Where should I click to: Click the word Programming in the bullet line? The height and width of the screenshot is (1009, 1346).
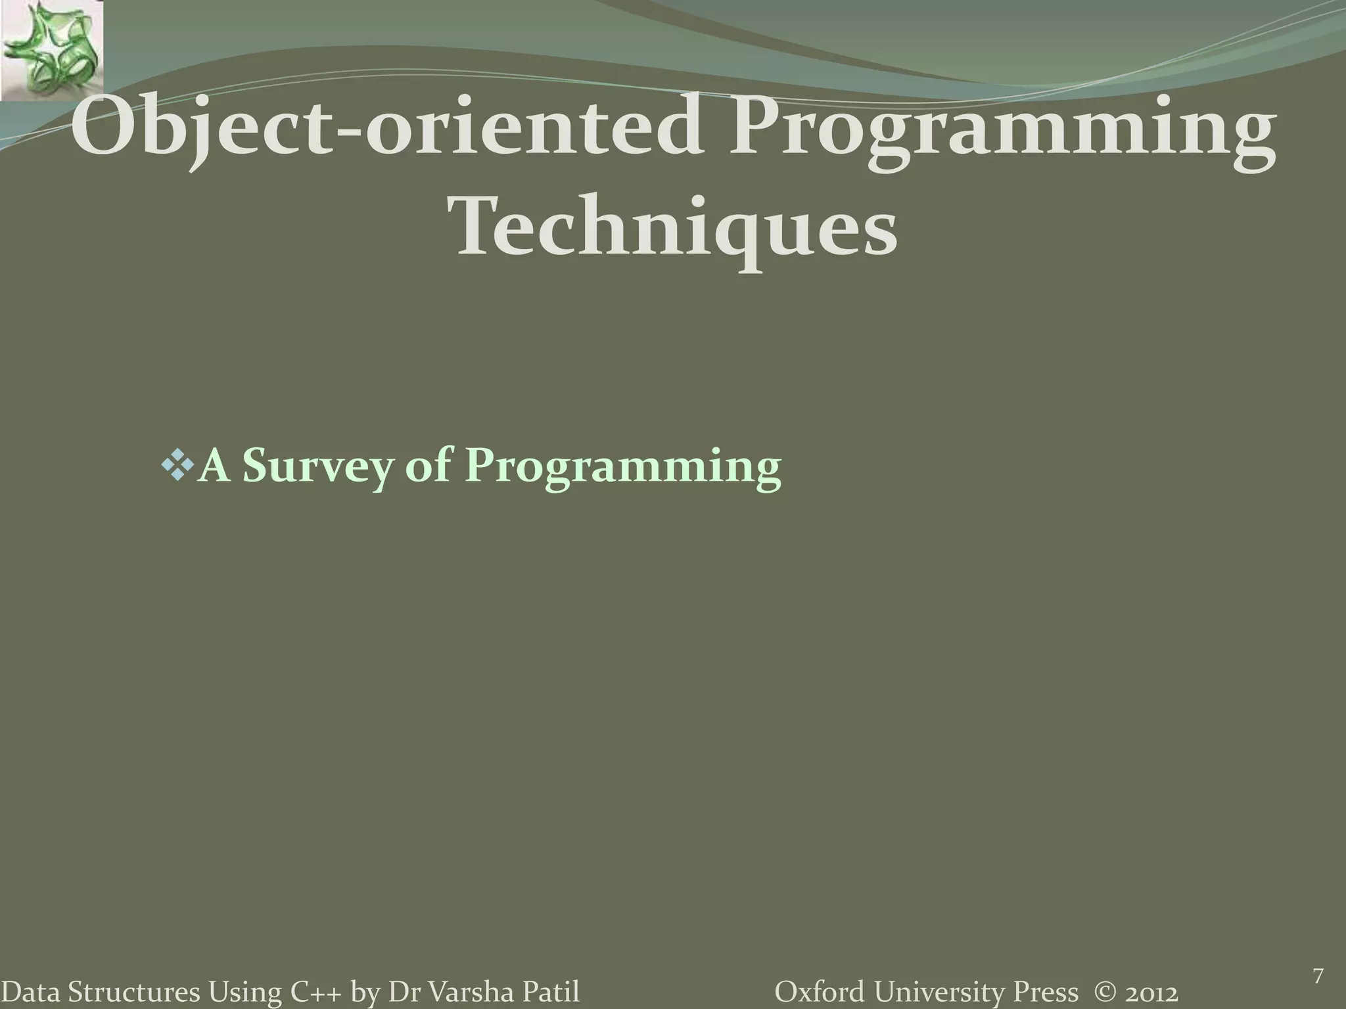pos(623,467)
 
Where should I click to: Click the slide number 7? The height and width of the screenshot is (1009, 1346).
pos(1317,958)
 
